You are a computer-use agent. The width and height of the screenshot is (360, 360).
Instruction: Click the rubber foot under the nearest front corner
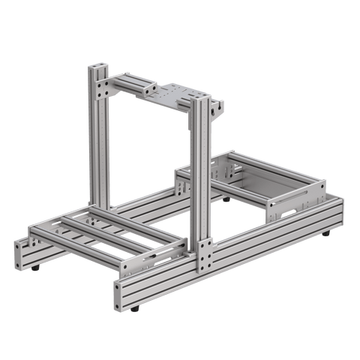pyautogui.click(x=134, y=308)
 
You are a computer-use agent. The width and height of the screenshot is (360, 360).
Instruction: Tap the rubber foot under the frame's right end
pyautogui.click(x=327, y=235)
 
